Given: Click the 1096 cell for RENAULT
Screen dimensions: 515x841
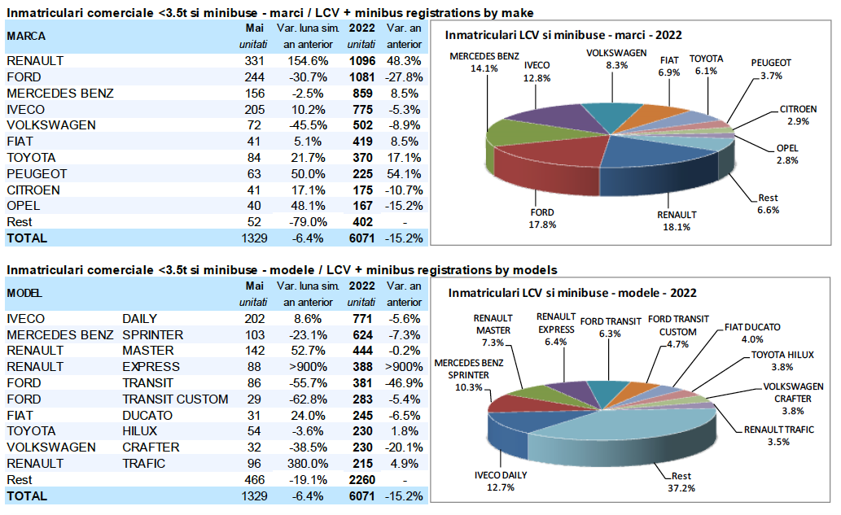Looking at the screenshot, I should [x=361, y=61].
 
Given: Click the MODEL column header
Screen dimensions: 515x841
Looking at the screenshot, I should [x=25, y=293].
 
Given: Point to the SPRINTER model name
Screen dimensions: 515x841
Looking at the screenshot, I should [x=152, y=334].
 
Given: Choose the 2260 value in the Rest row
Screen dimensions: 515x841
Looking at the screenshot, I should [x=361, y=480].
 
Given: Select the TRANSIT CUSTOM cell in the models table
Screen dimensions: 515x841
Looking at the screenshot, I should [x=175, y=399].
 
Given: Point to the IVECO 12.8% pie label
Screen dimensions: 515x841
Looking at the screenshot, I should [x=538, y=72].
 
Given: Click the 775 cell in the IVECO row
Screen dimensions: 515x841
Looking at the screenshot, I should [x=361, y=109].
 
